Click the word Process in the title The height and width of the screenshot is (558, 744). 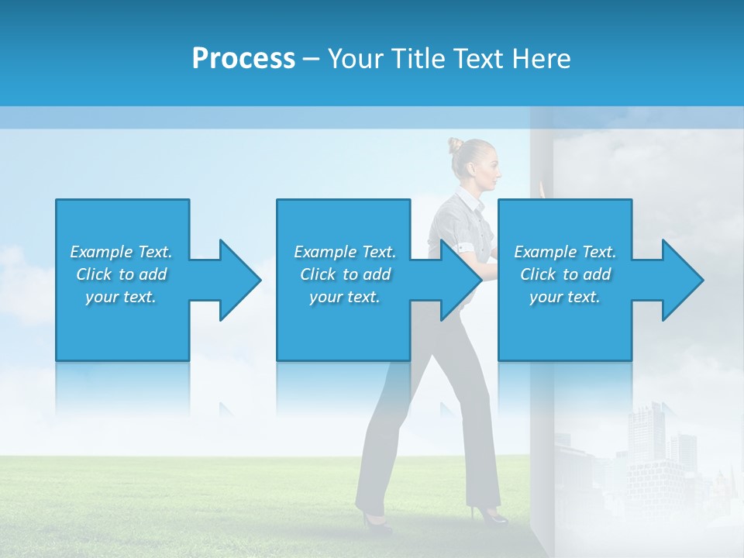coord(243,59)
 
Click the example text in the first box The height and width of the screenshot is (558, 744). coord(121,274)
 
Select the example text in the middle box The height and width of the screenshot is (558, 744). coord(345,274)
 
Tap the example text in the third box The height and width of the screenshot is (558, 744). coord(565,274)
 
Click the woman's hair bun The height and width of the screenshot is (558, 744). coord(456,144)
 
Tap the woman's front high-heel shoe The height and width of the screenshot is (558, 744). coord(491,514)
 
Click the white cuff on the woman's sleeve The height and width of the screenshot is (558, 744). coord(467,247)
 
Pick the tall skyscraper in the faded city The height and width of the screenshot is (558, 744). coord(643,434)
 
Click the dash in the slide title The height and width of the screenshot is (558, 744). coord(312,59)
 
